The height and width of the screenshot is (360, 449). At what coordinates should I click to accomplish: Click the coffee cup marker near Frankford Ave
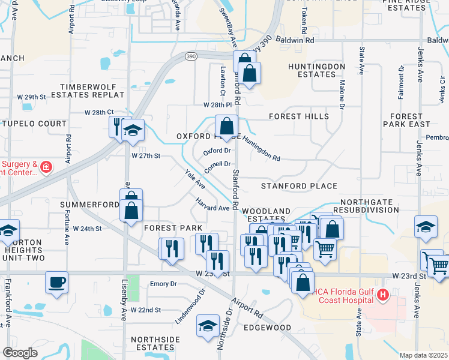click(56, 282)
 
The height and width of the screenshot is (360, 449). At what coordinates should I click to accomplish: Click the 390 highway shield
click(191, 56)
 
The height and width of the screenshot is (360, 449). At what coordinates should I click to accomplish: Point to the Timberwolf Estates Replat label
click(96, 91)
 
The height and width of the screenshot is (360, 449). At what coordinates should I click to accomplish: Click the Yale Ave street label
click(196, 179)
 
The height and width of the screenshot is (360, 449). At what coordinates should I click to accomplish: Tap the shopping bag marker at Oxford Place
click(226, 127)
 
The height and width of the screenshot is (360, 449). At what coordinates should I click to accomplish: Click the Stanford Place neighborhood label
click(299, 186)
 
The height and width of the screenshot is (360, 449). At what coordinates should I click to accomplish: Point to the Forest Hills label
click(299, 116)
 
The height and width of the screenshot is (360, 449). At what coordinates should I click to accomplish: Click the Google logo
click(20, 353)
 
